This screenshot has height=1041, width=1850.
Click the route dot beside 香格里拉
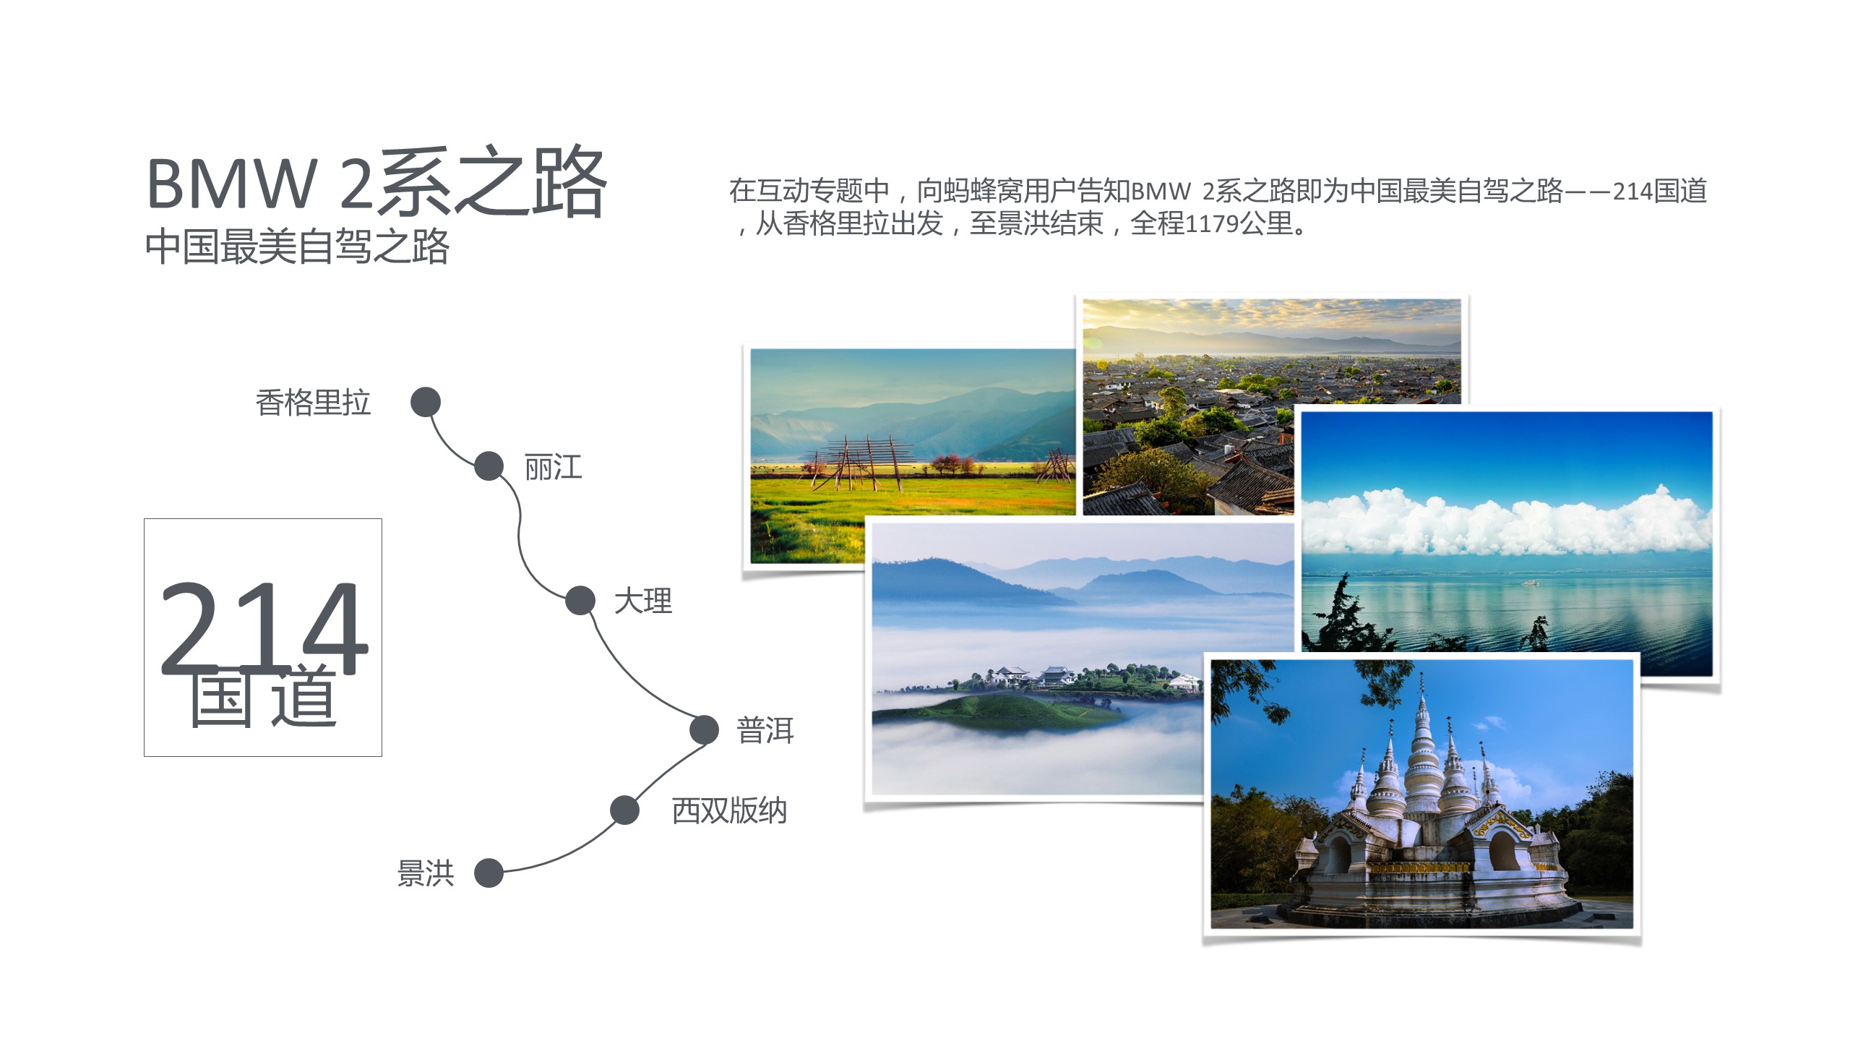click(x=426, y=402)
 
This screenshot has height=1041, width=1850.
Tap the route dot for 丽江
click(x=489, y=466)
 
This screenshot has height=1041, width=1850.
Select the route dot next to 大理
click(x=580, y=601)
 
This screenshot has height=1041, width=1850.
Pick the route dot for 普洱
click(x=704, y=729)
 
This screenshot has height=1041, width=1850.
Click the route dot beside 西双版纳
click(x=624, y=810)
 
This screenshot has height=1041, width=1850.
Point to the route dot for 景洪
click(x=489, y=873)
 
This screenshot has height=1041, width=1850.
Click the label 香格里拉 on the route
click(x=313, y=403)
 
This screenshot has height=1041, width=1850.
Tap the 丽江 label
click(x=554, y=467)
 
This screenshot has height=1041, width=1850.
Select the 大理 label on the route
click(x=643, y=601)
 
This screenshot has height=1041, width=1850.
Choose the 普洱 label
click(x=765, y=730)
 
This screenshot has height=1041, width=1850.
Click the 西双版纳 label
click(x=729, y=810)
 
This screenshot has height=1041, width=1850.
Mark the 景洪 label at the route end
click(x=426, y=873)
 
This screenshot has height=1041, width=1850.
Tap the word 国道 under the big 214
click(x=264, y=695)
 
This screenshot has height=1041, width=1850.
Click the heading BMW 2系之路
click(x=377, y=181)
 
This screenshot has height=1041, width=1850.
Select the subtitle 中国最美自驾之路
click(x=297, y=247)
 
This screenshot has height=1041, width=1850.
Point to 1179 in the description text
click(x=1212, y=224)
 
